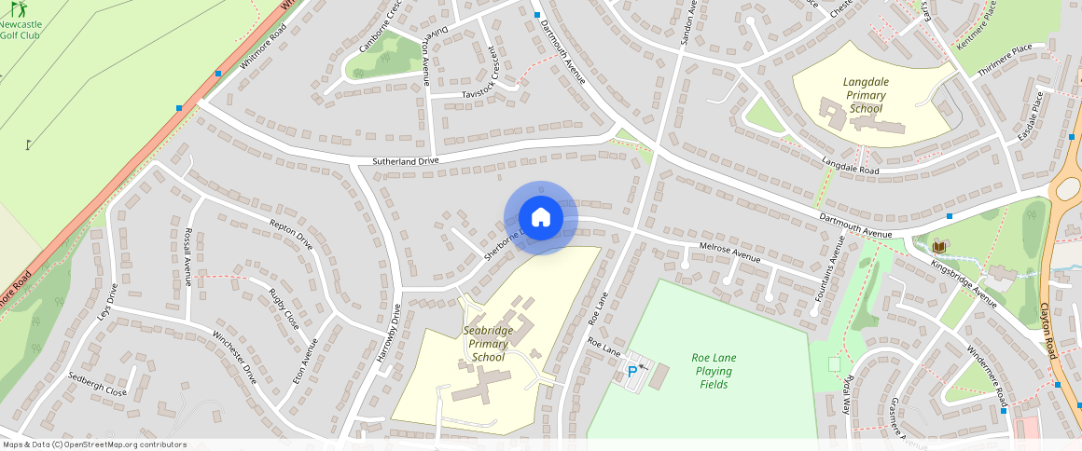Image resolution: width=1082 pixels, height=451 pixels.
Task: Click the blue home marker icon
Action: [x=540, y=217]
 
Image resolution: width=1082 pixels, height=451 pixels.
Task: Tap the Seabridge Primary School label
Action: [x=488, y=344]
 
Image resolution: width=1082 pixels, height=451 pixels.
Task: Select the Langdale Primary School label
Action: [x=865, y=95]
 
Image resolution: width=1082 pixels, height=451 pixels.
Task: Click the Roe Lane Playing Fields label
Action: [x=714, y=371]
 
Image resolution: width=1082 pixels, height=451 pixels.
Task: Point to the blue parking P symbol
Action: [x=632, y=371]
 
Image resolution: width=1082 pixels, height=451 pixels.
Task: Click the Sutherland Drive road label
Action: [x=405, y=161]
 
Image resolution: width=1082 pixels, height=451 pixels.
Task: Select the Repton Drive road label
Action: [x=291, y=235]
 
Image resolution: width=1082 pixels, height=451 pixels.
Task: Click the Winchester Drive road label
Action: [x=234, y=357]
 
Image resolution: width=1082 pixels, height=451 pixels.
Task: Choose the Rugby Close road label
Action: [x=284, y=308]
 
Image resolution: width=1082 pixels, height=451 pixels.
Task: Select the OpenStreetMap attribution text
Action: [x=95, y=444]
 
